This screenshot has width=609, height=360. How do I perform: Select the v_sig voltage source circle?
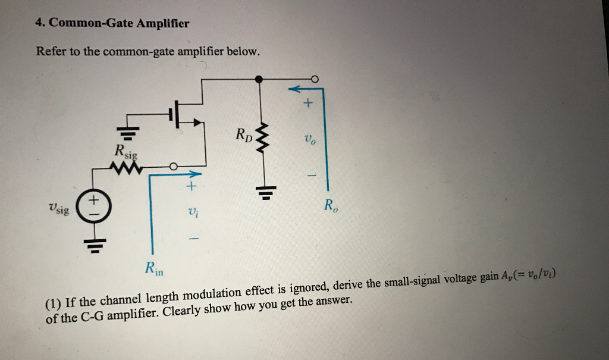93,207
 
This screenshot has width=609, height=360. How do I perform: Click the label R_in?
153,269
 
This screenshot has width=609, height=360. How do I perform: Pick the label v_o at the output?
308,140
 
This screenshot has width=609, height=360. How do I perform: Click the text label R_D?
243,133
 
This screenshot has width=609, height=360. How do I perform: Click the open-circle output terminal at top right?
315,78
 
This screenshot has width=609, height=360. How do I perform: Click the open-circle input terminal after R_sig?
173,167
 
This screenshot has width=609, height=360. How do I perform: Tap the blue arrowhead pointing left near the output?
294,89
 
